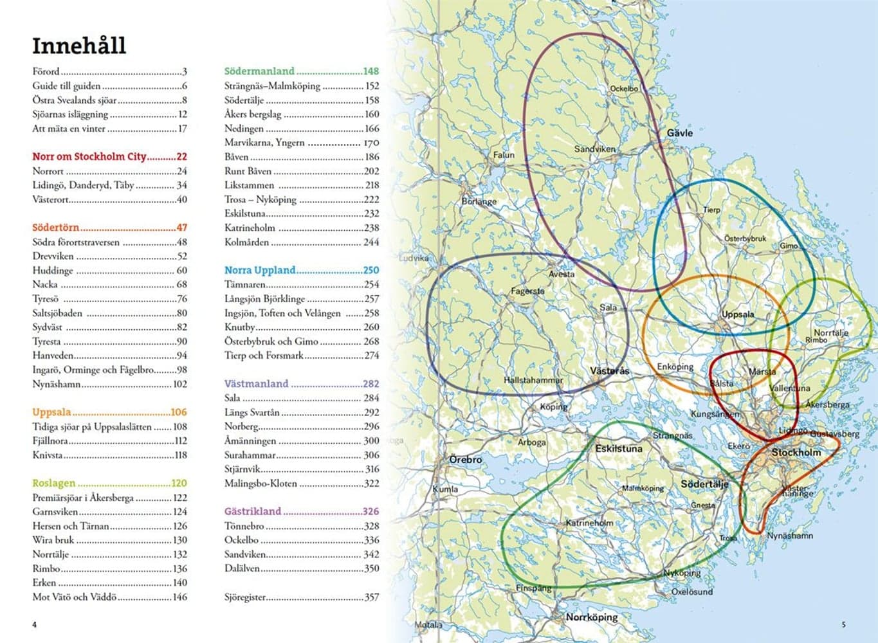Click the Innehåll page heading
click(x=79, y=46)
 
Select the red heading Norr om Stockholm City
click(x=90, y=156)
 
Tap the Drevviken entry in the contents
click(x=53, y=256)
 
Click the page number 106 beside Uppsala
click(x=178, y=412)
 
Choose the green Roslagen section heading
click(x=54, y=483)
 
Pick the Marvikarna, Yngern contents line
click(x=264, y=142)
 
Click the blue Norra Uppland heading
click(x=260, y=270)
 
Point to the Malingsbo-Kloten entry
click(x=261, y=483)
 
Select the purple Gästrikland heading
click(x=253, y=511)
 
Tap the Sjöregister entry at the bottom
click(x=245, y=597)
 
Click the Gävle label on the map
click(x=679, y=132)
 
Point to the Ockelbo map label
click(x=623, y=89)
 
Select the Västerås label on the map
click(x=610, y=371)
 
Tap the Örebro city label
click(x=465, y=460)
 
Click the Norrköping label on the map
click(x=591, y=617)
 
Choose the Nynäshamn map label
click(x=789, y=535)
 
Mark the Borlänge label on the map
click(x=479, y=201)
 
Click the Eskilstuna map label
click(x=618, y=448)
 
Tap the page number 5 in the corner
click(x=843, y=624)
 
